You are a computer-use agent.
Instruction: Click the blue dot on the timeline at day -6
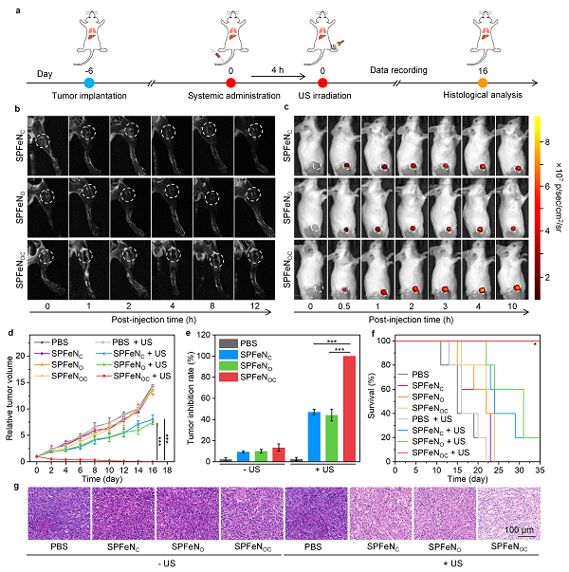[89, 83]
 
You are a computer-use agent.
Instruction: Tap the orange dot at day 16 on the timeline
[483, 83]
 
